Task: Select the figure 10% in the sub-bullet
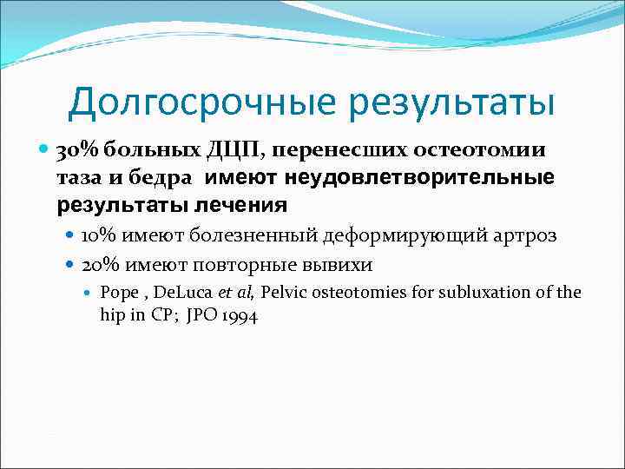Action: point(98,235)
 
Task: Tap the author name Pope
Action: point(117,292)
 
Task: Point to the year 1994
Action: point(239,316)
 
